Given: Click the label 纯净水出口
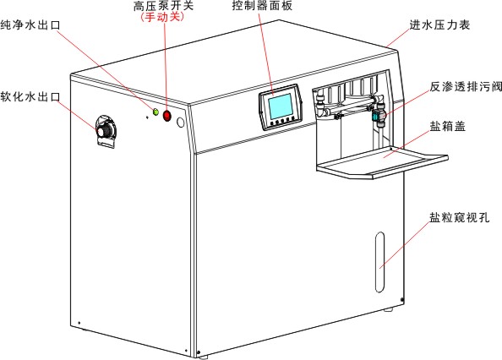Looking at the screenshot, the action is coord(30,25).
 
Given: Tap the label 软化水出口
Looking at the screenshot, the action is coord(30,96).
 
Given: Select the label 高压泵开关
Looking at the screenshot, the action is coord(163,5).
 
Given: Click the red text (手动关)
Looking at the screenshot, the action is coord(162,17).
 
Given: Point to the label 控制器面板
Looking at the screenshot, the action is coord(262,5).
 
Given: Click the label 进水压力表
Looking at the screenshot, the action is coord(440,25).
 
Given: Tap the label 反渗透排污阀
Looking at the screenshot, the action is coord(466,86).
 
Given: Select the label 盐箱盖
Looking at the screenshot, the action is coord(448,126).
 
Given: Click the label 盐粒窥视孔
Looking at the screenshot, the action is coord(460,217).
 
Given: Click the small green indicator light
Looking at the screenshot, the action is coord(156,112).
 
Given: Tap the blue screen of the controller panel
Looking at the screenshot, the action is coord(281,106).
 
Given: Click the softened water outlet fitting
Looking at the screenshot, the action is coord(106,131).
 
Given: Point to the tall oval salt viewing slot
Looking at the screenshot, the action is coord(379,262).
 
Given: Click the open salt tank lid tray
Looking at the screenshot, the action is coord(382,161).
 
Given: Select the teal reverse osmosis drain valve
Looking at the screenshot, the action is coord(375,116).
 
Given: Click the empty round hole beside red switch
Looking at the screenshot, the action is coord(181,122).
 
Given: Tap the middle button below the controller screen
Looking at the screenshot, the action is coord(282,122).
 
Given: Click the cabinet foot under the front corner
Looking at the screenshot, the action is coord(203,355).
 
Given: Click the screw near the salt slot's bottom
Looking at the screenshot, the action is coord(402,299).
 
